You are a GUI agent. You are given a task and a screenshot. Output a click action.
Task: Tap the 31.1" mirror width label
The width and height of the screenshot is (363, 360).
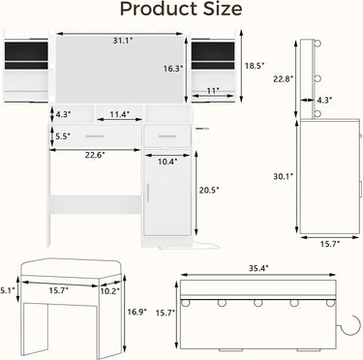[x=123, y=41]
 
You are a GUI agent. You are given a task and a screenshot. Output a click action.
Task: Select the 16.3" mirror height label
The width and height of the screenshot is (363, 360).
[x=173, y=69]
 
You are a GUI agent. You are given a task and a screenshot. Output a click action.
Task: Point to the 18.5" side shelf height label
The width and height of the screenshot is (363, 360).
[x=255, y=66]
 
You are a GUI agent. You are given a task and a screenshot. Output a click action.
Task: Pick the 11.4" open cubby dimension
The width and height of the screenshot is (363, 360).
[x=119, y=114]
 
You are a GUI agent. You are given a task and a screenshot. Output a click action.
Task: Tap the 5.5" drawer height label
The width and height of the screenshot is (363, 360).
[x=63, y=136]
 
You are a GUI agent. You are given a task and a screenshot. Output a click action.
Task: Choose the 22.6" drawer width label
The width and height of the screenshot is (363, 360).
[x=95, y=155]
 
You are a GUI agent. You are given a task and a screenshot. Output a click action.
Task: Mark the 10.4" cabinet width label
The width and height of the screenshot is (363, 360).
[x=167, y=162]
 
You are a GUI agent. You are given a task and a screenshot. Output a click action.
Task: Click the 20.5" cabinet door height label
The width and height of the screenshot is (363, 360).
[x=209, y=191]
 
